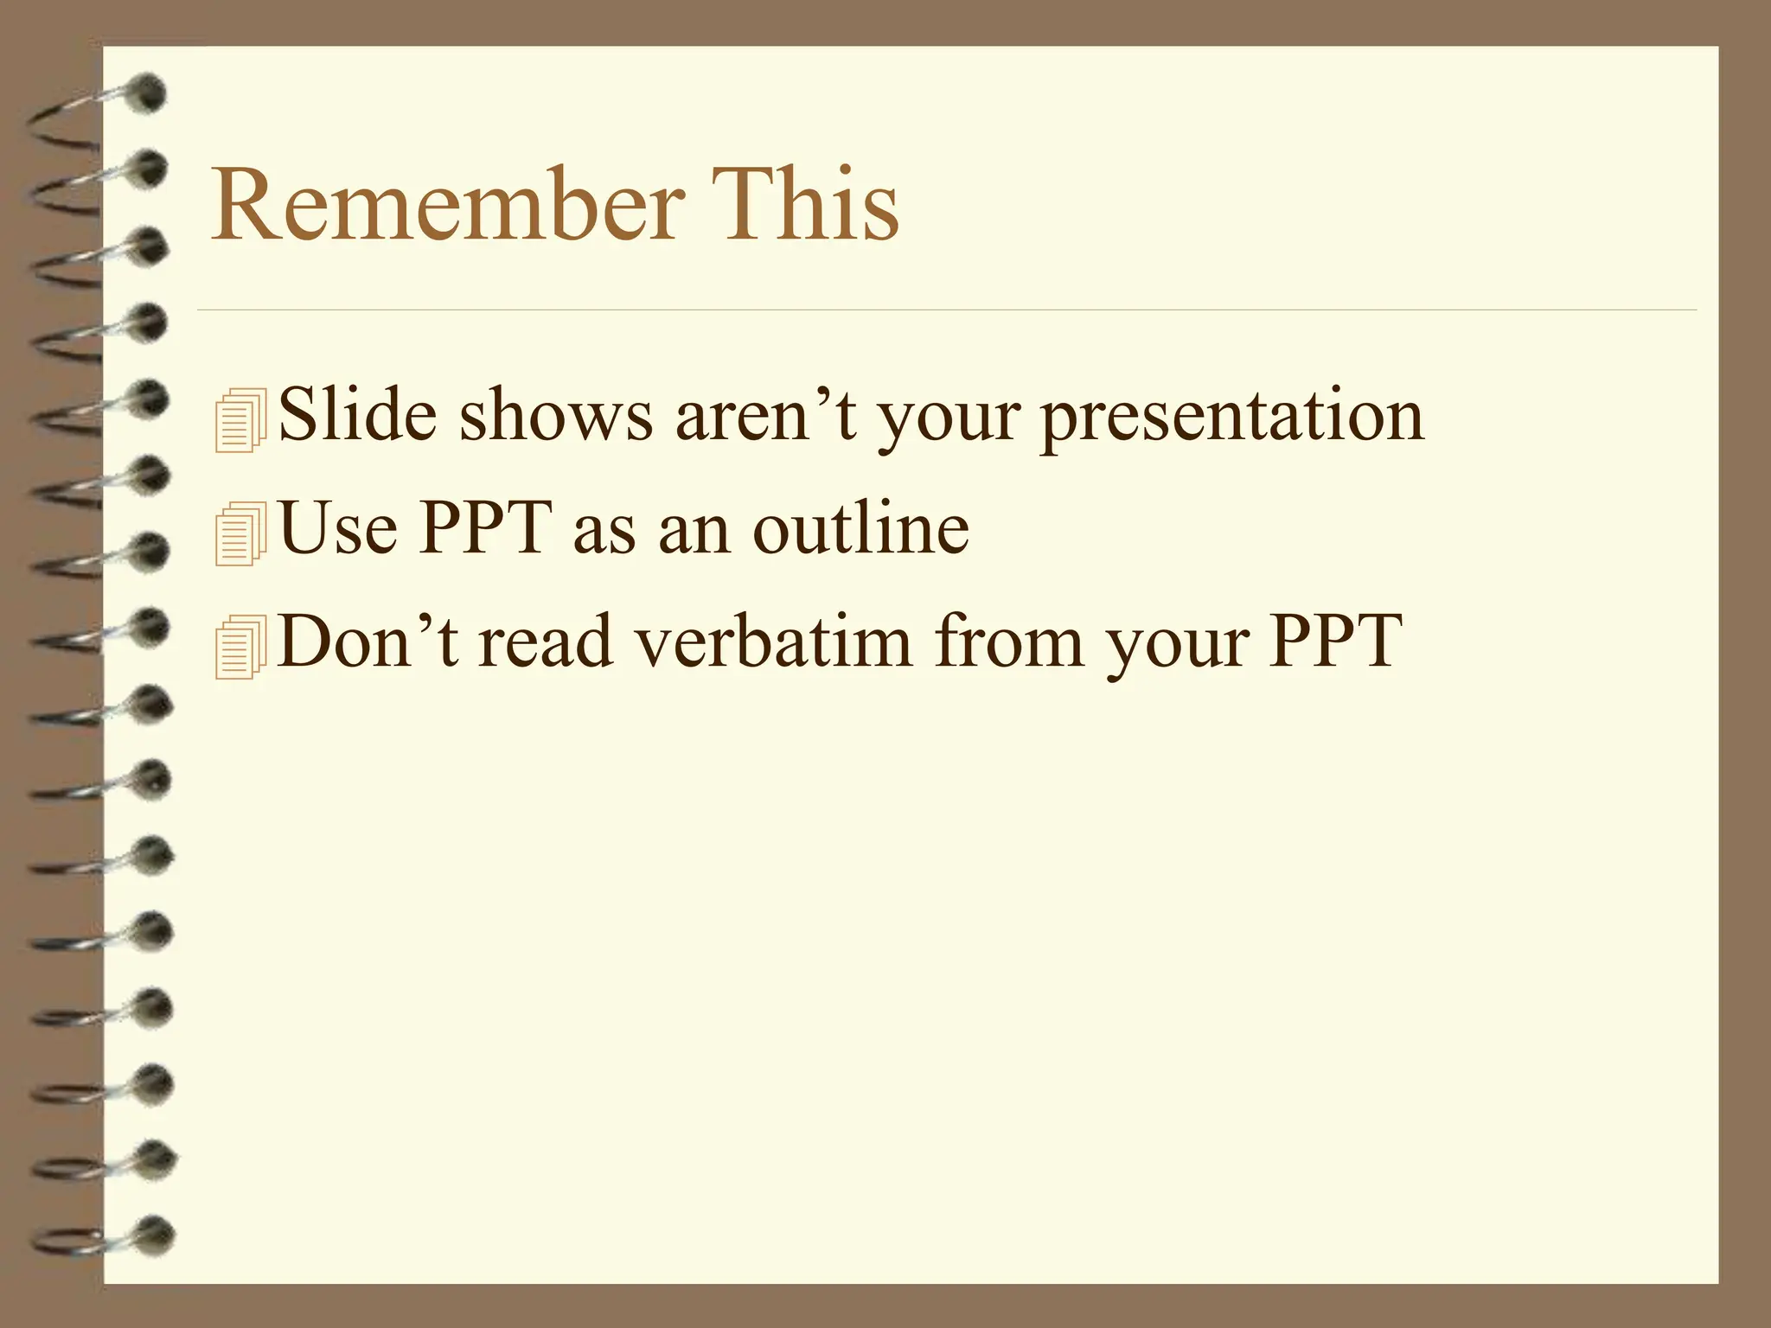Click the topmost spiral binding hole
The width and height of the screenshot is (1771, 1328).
coord(149,93)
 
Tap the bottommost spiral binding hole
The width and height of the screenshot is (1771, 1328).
coord(154,1234)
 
